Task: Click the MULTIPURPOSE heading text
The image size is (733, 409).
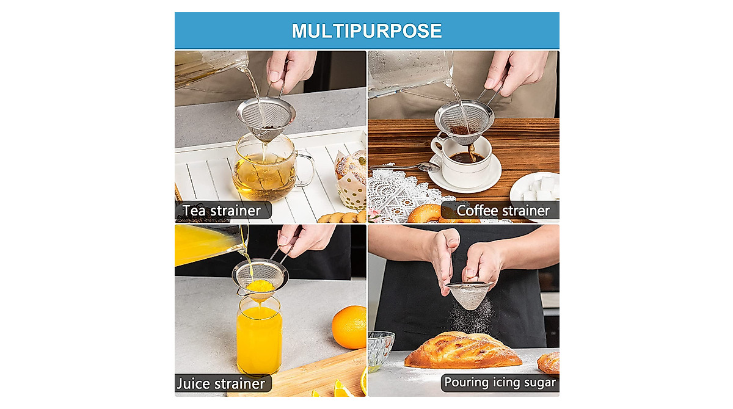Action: click(366, 31)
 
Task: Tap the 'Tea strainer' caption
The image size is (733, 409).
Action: click(221, 211)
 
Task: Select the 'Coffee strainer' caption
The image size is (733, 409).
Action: click(503, 211)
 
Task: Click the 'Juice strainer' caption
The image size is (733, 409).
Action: click(221, 383)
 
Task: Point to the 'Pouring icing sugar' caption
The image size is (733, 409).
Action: click(500, 383)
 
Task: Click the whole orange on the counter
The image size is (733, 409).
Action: click(349, 327)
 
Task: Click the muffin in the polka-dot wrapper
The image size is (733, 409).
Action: click(352, 177)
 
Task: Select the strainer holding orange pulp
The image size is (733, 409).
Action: click(260, 278)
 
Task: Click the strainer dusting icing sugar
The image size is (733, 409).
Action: click(469, 294)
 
